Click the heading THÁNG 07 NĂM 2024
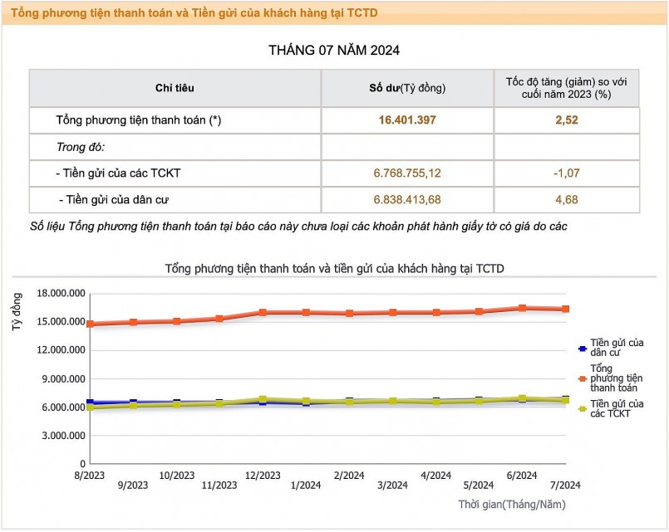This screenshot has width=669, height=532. pyautogui.click(x=334, y=50)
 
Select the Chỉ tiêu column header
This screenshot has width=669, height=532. pyautogui.click(x=175, y=88)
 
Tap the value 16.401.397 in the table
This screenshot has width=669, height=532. pyautogui.click(x=407, y=120)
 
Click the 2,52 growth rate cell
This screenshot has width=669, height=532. pyautogui.click(x=567, y=120)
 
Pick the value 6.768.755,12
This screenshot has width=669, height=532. pyautogui.click(x=407, y=173)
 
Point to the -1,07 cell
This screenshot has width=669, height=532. pyautogui.click(x=567, y=173)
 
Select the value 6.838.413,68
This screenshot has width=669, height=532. pyautogui.click(x=407, y=199)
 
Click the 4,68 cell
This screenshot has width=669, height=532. pyautogui.click(x=567, y=199)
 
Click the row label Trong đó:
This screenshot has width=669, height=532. pyautogui.click(x=81, y=147)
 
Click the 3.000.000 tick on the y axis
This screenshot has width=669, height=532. pyautogui.click(x=62, y=435)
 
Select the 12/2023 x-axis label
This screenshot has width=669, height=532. pyautogui.click(x=263, y=475)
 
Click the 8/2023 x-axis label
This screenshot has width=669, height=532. pyautogui.click(x=90, y=475)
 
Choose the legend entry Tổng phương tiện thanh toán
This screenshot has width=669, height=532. pyautogui.click(x=615, y=377)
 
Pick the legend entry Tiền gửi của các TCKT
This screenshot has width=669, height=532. pyautogui.click(x=615, y=408)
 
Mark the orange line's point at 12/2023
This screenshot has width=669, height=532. pyautogui.click(x=263, y=312)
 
